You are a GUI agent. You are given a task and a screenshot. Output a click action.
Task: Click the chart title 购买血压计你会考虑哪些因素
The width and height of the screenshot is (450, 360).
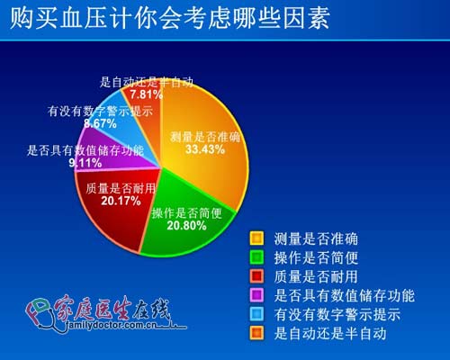pos(170,18)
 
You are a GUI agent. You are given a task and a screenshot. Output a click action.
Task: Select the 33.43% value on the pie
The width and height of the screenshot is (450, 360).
pos(205,149)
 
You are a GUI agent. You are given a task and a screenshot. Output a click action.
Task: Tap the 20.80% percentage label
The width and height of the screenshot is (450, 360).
pos(186,225)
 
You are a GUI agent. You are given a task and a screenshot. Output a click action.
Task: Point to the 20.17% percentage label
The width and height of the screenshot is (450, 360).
pos(121,201)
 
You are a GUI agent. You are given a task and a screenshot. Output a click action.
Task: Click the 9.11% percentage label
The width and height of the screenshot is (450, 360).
pos(85,163)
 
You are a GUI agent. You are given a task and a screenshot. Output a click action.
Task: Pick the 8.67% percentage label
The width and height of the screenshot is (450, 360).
pos(100,123)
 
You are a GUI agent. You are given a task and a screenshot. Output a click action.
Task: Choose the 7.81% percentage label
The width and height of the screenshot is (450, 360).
pos(146,94)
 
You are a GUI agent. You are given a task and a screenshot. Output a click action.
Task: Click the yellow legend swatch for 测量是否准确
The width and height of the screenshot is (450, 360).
pos(256,238)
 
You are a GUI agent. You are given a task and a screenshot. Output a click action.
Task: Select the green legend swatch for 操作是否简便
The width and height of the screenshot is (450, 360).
pos(256,257)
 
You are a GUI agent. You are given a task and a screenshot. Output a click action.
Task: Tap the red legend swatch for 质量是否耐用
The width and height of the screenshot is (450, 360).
pos(256,276)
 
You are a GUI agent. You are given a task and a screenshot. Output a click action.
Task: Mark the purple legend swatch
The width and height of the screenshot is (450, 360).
pos(256,295)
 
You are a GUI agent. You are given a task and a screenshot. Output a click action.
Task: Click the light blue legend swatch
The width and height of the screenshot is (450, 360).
pos(256,314)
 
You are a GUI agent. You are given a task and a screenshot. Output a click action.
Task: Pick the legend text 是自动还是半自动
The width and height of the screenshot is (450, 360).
pos(330,333)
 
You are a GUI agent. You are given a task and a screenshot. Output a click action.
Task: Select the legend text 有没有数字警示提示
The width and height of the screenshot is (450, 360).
pos(337,314)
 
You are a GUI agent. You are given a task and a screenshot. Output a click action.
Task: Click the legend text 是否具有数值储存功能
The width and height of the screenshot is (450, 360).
pos(345,295)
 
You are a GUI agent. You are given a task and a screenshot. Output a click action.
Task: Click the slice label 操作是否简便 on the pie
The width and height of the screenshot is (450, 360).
pos(186,213)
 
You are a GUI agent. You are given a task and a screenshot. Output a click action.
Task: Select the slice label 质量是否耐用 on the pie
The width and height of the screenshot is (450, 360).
pos(121,189)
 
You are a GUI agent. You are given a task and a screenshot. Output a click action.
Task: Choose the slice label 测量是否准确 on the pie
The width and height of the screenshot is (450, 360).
pos(205,137)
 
